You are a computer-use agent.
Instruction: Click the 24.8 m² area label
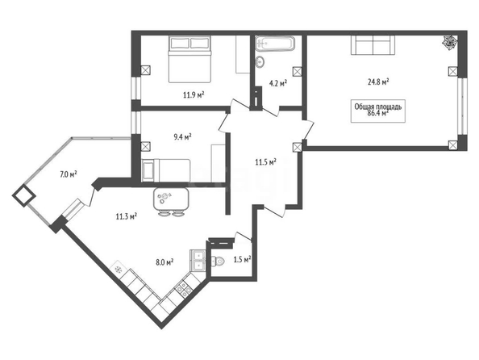[378, 82]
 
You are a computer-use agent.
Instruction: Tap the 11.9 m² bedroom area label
[194, 94]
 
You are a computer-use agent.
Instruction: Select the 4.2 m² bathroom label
[278, 83]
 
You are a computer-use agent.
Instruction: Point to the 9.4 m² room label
[182, 136]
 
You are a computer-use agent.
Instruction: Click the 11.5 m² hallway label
[266, 161]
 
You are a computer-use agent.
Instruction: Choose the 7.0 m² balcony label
[68, 174]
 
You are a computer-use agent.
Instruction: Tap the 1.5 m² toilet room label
[242, 260]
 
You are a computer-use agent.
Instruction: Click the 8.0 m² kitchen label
[165, 262]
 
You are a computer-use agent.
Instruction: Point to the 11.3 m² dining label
[126, 217]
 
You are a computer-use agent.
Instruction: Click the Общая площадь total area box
[378, 111]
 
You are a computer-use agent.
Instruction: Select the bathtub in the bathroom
[275, 43]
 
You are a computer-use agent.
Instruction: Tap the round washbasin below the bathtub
[260, 61]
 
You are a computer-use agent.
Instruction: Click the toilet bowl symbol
[218, 262]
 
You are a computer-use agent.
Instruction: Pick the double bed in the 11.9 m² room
[190, 59]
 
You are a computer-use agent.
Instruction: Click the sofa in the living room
[373, 45]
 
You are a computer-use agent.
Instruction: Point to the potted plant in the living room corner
[451, 42]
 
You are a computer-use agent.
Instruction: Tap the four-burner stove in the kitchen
[183, 288]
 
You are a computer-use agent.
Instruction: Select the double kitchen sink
[198, 260]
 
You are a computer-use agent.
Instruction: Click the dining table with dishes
[171, 199]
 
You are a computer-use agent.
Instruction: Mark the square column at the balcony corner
[24, 196]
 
